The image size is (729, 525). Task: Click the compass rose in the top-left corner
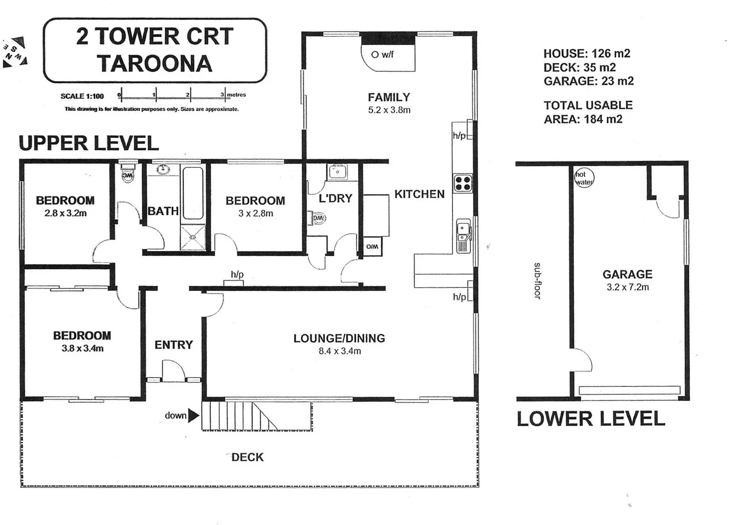(x=15, y=52)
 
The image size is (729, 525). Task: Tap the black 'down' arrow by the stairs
(x=193, y=415)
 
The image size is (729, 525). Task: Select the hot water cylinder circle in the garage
(x=584, y=178)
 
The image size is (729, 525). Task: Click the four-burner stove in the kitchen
(x=463, y=183)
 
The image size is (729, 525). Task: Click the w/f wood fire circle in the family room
(x=375, y=54)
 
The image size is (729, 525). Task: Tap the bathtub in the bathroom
(x=193, y=193)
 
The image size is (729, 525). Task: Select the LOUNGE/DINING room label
(x=339, y=338)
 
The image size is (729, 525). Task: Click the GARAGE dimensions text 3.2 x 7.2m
(x=627, y=287)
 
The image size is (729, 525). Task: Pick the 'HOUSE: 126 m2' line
(x=587, y=53)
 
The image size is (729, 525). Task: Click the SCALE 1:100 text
(x=82, y=96)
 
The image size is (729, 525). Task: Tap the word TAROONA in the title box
(x=155, y=64)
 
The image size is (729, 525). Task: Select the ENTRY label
(x=174, y=345)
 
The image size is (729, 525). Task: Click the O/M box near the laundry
(x=372, y=247)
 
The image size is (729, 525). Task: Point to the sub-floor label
(x=537, y=281)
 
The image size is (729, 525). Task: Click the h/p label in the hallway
(x=237, y=275)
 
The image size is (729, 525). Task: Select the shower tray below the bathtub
(x=193, y=237)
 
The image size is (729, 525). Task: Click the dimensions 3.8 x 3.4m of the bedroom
(x=82, y=348)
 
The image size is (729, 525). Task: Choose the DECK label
(x=247, y=457)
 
